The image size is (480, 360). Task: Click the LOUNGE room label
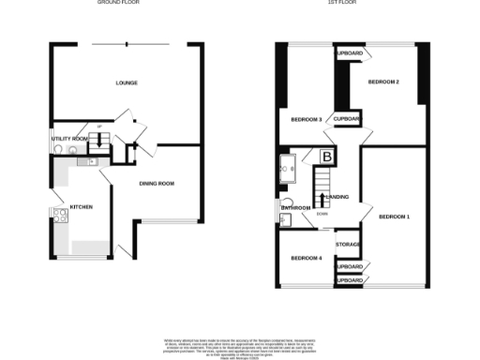[x=127, y=83]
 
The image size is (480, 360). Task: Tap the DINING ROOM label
[x=157, y=183]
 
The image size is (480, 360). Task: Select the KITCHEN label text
[x=79, y=205]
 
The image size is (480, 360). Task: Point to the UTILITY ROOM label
[x=68, y=139]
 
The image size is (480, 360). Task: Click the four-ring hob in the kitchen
[x=61, y=217]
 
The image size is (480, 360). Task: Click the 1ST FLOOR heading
[x=352, y=3]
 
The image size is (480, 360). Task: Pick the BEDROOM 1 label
[x=394, y=217]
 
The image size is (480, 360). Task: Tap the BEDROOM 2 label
[x=383, y=83]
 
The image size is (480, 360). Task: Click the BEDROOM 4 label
[x=306, y=258]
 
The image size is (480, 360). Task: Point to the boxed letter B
[x=327, y=157]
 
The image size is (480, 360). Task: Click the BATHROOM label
[x=296, y=207]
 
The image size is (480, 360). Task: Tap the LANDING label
[x=340, y=197]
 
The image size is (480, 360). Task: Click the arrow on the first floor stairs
[x=322, y=200]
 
